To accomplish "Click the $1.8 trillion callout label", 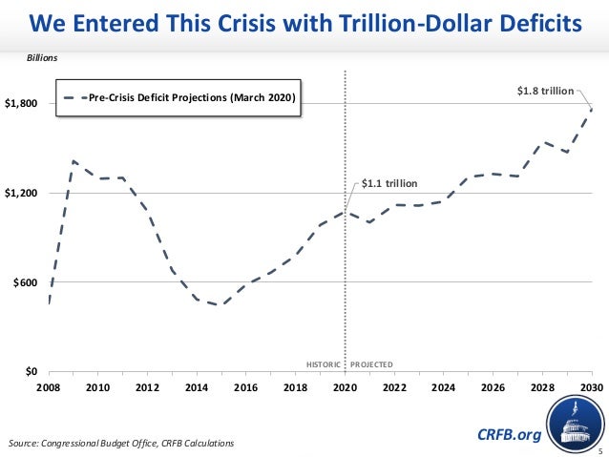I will [544, 91].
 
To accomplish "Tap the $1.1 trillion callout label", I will [390, 182].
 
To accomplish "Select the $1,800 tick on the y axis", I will [22, 103].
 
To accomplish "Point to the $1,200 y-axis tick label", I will [22, 193].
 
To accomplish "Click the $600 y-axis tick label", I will [26, 282].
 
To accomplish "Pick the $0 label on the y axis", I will [32, 371].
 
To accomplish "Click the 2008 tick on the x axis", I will [48, 387].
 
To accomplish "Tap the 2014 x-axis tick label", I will [196, 387].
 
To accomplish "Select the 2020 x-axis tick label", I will [345, 387].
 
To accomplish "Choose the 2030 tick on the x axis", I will [591, 387].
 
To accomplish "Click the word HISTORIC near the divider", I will [324, 364].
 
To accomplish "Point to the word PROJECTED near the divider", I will [372, 364].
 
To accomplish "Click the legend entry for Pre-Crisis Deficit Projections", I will [181, 97].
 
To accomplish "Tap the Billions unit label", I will [42, 58].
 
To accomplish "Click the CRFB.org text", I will [508, 435].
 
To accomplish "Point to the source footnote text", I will [119, 444].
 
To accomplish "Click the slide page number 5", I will [600, 449].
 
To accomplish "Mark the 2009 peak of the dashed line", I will [73, 160].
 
